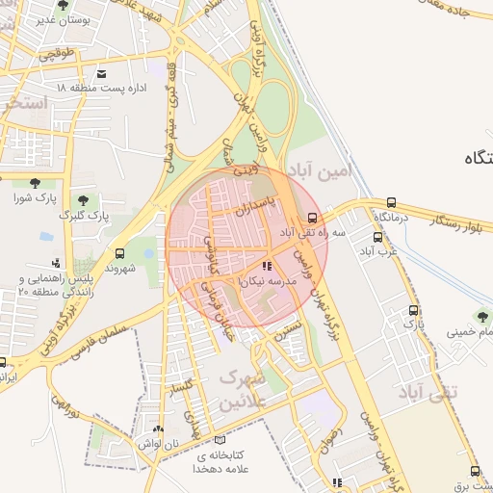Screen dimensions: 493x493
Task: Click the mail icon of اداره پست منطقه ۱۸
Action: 102,73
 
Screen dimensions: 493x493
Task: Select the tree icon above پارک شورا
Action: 36,183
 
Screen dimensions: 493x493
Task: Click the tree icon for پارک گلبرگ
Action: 83,200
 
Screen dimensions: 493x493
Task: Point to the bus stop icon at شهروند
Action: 119,253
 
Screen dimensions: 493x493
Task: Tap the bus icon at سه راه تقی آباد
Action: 311,218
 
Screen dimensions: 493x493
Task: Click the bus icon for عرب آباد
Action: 376,237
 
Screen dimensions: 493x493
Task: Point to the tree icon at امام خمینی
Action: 482,317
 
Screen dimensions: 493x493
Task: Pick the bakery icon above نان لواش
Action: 158,428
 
